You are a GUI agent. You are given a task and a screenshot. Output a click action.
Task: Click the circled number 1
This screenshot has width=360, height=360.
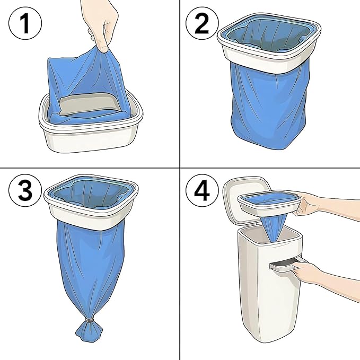(25, 23)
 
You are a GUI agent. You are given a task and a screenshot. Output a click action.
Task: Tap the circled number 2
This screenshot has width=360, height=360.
(202, 23)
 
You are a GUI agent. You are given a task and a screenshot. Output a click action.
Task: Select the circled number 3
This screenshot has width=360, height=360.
(25, 190)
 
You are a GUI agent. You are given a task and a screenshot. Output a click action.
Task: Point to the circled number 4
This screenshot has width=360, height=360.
(202, 190)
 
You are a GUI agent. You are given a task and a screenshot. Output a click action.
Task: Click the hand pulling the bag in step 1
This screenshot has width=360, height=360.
(101, 24)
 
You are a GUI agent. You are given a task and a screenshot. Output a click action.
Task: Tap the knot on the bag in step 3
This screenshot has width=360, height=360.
(90, 320)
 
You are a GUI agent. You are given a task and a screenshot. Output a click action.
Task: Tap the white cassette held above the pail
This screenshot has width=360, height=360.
(269, 203)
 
